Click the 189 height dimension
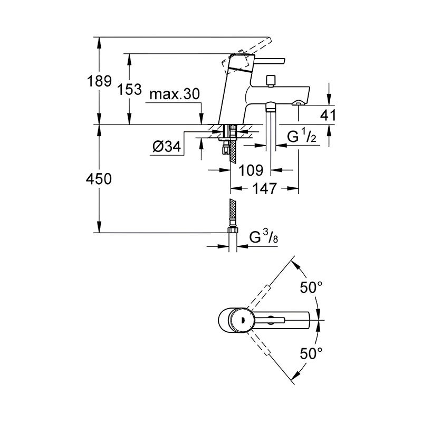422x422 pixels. (99, 81)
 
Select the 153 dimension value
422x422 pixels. (129, 89)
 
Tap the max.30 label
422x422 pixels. (175, 94)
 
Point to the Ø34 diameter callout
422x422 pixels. (167, 147)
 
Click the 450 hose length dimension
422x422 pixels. (99, 179)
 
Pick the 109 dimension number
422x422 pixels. (251, 170)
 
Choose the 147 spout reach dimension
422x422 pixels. (264, 188)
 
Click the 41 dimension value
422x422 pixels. (328, 115)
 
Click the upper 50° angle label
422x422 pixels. (311, 287)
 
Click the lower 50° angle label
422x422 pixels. (311, 353)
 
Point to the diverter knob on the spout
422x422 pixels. (270, 81)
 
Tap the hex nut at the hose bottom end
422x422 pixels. (233, 230)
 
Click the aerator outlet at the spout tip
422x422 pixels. (299, 102)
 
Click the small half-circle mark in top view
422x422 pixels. (243, 320)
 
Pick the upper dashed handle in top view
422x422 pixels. (258, 297)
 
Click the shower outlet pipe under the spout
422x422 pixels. (271, 127)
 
